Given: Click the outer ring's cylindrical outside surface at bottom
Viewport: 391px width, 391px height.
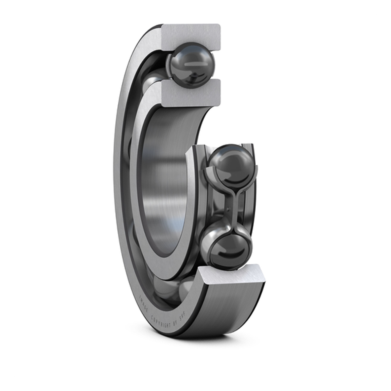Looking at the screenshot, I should pyautogui.click(x=231, y=309).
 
